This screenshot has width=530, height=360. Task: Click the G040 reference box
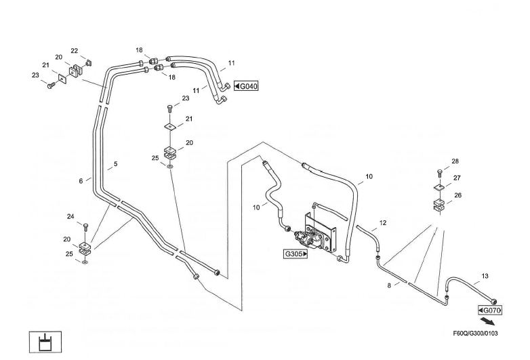click(247, 86)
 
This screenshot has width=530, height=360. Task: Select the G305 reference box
click(295, 254)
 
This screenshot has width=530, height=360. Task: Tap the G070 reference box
click(490, 311)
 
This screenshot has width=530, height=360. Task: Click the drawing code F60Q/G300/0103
click(475, 334)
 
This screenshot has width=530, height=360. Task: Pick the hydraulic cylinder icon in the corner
click(45, 342)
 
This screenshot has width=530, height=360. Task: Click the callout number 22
click(75, 51)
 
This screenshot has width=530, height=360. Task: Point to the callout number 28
click(455, 161)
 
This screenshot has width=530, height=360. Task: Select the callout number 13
click(485, 276)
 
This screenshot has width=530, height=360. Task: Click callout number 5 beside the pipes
click(116, 164)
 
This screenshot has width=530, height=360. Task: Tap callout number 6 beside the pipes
click(81, 181)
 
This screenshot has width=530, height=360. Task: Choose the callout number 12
click(383, 223)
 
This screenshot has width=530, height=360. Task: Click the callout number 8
click(389, 285)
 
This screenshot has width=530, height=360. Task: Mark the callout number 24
click(70, 217)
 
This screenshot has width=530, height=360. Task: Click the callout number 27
click(457, 178)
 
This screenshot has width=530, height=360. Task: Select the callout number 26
click(458, 195)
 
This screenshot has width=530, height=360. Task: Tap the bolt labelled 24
click(85, 228)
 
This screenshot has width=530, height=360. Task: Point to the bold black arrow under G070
click(488, 321)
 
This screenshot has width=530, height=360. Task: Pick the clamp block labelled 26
click(439, 205)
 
